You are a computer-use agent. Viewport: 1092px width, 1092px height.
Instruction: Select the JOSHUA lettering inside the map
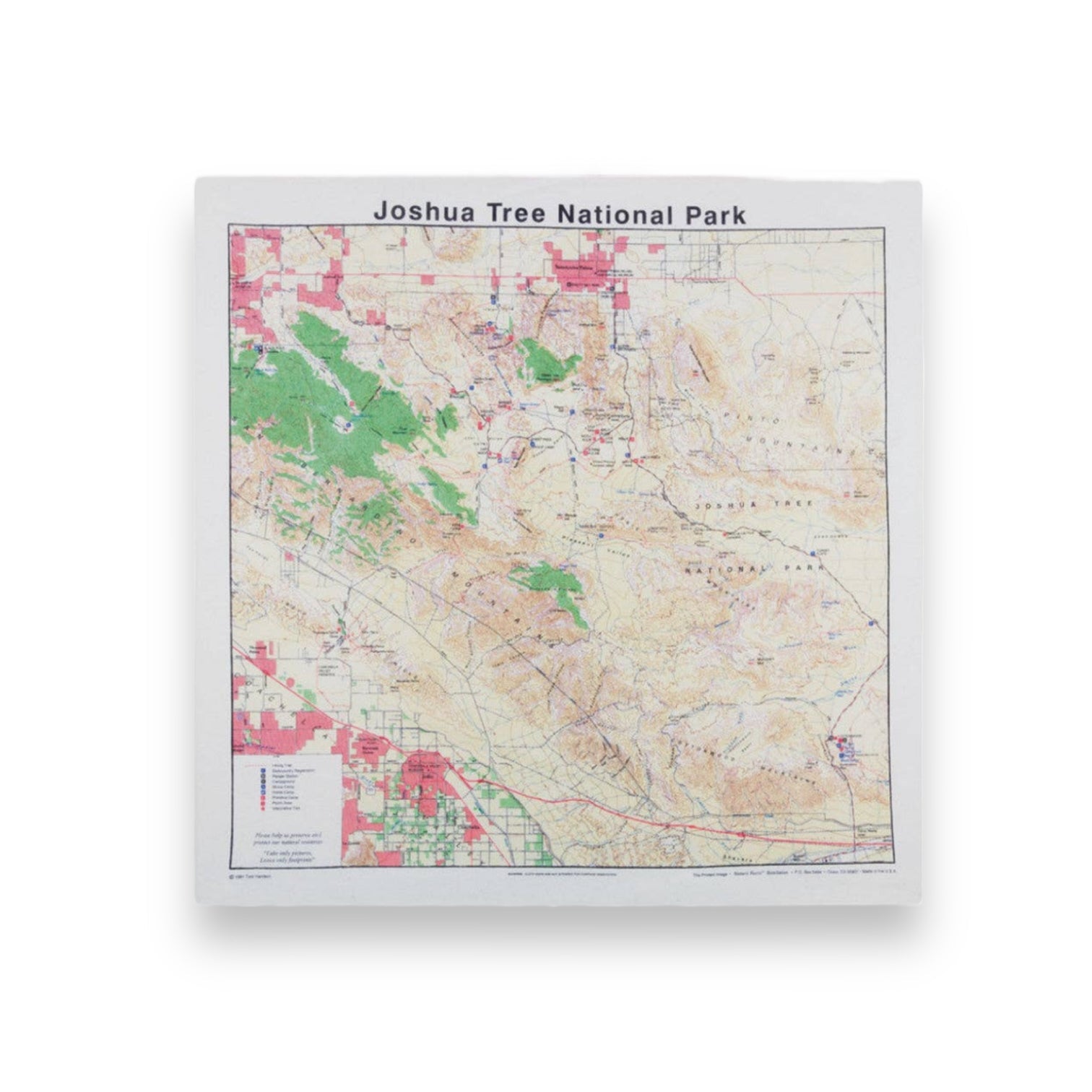718,506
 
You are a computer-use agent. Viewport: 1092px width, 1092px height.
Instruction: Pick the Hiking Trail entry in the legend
282,765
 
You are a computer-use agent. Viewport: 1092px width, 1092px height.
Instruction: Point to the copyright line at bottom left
253,875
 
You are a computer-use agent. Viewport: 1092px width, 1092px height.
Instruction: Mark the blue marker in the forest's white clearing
348,426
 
